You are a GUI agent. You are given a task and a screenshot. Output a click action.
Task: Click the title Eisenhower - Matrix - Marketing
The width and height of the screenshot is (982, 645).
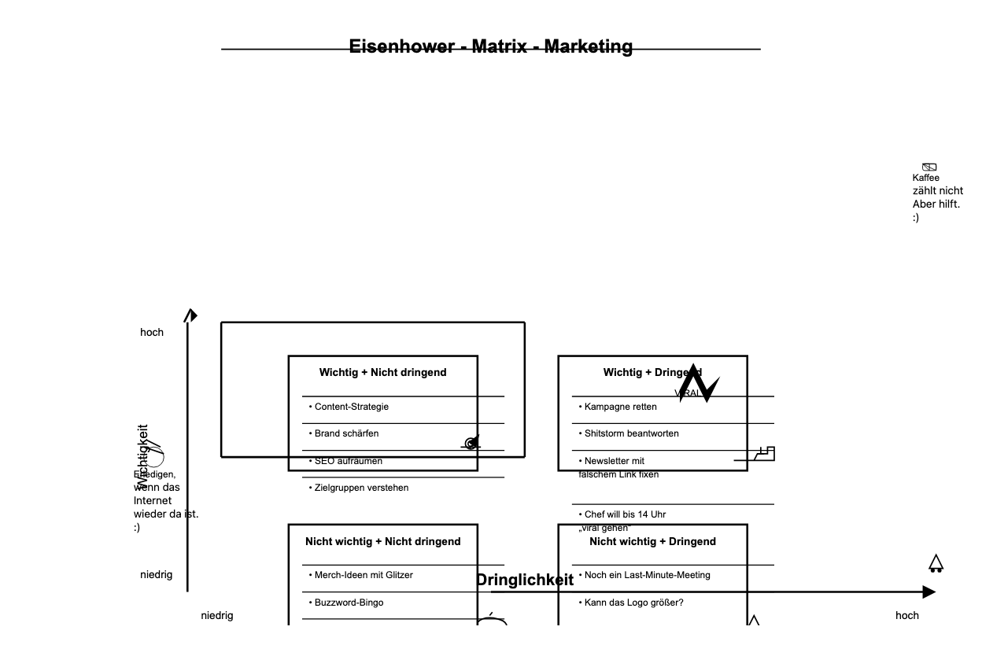pyautogui.click(x=490, y=46)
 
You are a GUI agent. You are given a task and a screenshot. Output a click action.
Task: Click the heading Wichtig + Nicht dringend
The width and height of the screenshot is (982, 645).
pyautogui.click(x=382, y=372)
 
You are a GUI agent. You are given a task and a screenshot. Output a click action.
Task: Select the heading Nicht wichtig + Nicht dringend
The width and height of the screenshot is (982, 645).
pyautogui.click(x=382, y=541)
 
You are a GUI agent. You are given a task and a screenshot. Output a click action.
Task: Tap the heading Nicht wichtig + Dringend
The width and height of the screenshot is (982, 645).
pyautogui.click(x=652, y=541)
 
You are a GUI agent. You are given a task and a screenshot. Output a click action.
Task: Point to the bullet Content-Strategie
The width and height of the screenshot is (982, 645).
pyautogui.click(x=351, y=407)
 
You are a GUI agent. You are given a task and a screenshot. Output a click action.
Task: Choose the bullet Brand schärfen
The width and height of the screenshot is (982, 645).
pyautogui.click(x=346, y=433)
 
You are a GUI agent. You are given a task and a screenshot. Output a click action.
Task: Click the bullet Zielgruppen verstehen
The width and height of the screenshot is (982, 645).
pyautogui.click(x=361, y=488)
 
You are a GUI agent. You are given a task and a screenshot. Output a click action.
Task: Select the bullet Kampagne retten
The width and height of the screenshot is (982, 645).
pyautogui.click(x=620, y=407)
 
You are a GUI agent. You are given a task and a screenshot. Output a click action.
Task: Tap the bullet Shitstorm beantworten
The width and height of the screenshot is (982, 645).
pyautogui.click(x=631, y=433)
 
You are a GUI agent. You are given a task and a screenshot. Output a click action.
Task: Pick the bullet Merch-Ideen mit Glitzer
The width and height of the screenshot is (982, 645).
pyautogui.click(x=363, y=575)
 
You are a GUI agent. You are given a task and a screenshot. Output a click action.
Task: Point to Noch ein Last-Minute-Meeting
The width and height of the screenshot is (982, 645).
pyautogui.click(x=647, y=575)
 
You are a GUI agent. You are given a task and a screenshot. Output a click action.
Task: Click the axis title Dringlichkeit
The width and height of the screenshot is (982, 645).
pyautogui.click(x=525, y=580)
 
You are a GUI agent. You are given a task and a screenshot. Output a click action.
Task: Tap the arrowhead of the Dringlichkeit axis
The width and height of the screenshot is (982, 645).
pyautogui.click(x=929, y=592)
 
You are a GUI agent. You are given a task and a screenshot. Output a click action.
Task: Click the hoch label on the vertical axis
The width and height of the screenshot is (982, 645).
pyautogui.click(x=152, y=333)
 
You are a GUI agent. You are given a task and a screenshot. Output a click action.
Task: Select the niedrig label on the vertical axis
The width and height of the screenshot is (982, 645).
pyautogui.click(x=156, y=575)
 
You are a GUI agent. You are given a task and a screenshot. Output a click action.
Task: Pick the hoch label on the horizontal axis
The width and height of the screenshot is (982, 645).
pyautogui.click(x=906, y=615)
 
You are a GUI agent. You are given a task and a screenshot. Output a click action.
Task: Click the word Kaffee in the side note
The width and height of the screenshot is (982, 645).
pyautogui.click(x=926, y=178)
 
